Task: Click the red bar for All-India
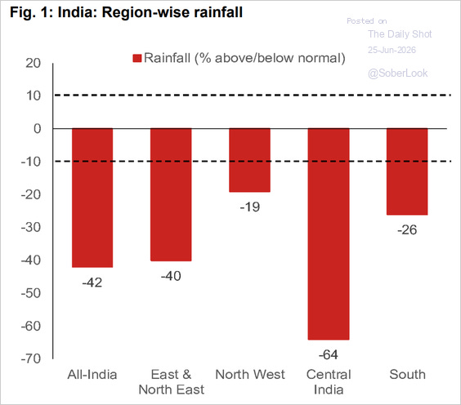pos(92,198)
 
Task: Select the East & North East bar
pos(171,194)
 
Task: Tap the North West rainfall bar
pos(249,160)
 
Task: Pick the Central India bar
pos(329,234)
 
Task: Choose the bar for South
pos(407,171)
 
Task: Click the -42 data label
pos(92,283)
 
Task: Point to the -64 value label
pos(329,354)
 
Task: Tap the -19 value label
pos(250,207)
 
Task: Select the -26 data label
pos(407,230)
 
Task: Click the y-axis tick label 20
pos(34,63)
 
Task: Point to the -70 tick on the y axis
pos(31,358)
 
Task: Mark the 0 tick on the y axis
pos(38,129)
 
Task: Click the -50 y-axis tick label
pos(31,293)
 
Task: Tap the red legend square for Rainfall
pos(137,58)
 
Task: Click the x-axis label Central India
pos(329,382)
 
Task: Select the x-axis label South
pos(408,375)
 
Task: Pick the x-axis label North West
pos(250,375)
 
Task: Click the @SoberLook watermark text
pos(398,73)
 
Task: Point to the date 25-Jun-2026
pos(392,50)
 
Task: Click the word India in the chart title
pos(75,12)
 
